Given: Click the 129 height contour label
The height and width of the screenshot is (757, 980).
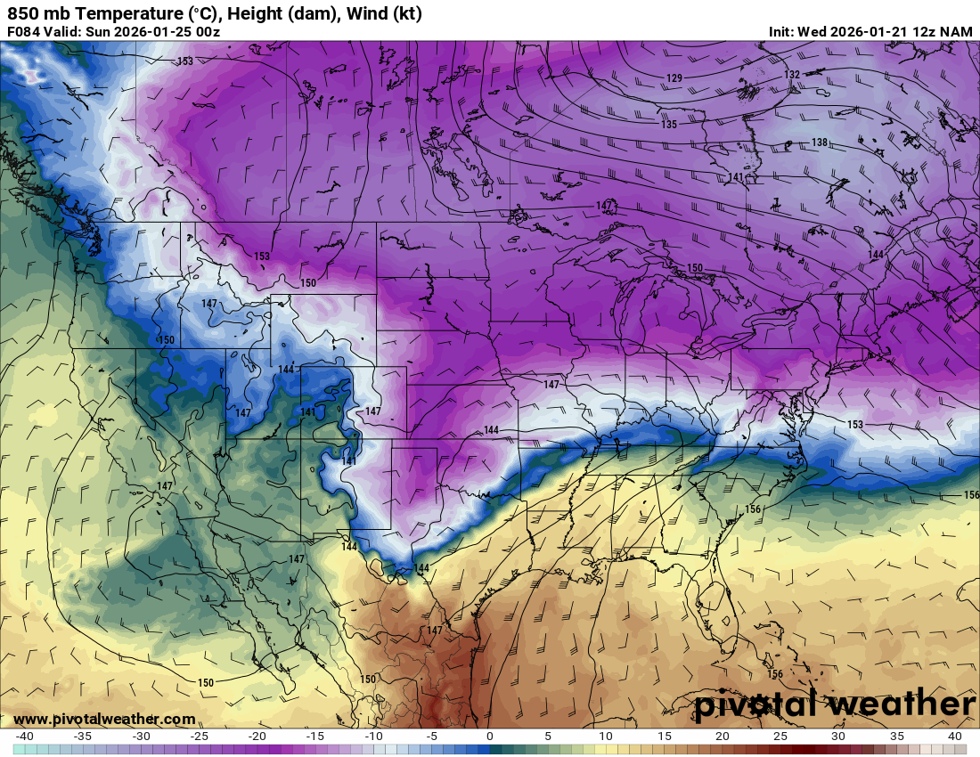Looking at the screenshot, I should [674, 79].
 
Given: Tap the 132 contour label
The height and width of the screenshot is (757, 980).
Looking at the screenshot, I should [792, 75].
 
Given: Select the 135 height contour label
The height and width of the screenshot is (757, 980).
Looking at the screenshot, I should [669, 125].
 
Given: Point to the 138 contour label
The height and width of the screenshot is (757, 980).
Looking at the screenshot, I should [820, 143].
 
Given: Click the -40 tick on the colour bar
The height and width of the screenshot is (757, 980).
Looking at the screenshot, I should [24, 737].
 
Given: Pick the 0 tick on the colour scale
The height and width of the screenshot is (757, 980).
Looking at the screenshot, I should [489, 737].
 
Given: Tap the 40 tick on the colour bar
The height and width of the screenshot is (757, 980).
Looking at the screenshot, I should [954, 737].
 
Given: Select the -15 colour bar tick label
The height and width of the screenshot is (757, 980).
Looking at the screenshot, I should [315, 737].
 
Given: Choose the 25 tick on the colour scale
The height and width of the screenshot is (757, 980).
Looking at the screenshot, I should [780, 737].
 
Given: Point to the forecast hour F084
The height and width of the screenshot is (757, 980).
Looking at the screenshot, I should [24, 32].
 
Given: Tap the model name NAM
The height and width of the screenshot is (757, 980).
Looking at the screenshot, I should [957, 32].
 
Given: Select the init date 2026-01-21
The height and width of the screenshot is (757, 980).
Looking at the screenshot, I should [870, 32].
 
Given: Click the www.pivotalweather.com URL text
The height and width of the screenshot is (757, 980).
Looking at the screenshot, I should [104, 719].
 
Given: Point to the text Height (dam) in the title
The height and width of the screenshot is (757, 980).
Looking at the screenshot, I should [284, 13].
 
